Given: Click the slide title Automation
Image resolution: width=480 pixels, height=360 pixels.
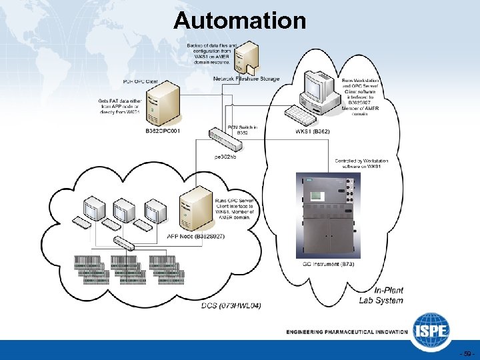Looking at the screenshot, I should point(239,21).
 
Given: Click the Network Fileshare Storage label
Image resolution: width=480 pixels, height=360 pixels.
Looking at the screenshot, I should point(247,79).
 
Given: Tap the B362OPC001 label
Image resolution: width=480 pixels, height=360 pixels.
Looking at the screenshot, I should point(163,131).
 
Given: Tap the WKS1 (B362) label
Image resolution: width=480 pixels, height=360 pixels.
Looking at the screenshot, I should point(312,131).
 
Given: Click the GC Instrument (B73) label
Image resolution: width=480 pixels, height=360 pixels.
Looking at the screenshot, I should point(328,264).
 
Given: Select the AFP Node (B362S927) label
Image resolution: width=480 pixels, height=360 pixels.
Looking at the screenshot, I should point(195,236).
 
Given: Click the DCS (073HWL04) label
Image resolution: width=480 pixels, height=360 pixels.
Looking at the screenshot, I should point(231,305).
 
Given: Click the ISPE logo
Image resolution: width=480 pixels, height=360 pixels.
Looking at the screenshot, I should point(431,330).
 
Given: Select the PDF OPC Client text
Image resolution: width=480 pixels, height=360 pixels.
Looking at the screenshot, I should point(141,81).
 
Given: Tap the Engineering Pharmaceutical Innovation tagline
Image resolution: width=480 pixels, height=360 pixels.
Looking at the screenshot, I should point(347,331).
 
